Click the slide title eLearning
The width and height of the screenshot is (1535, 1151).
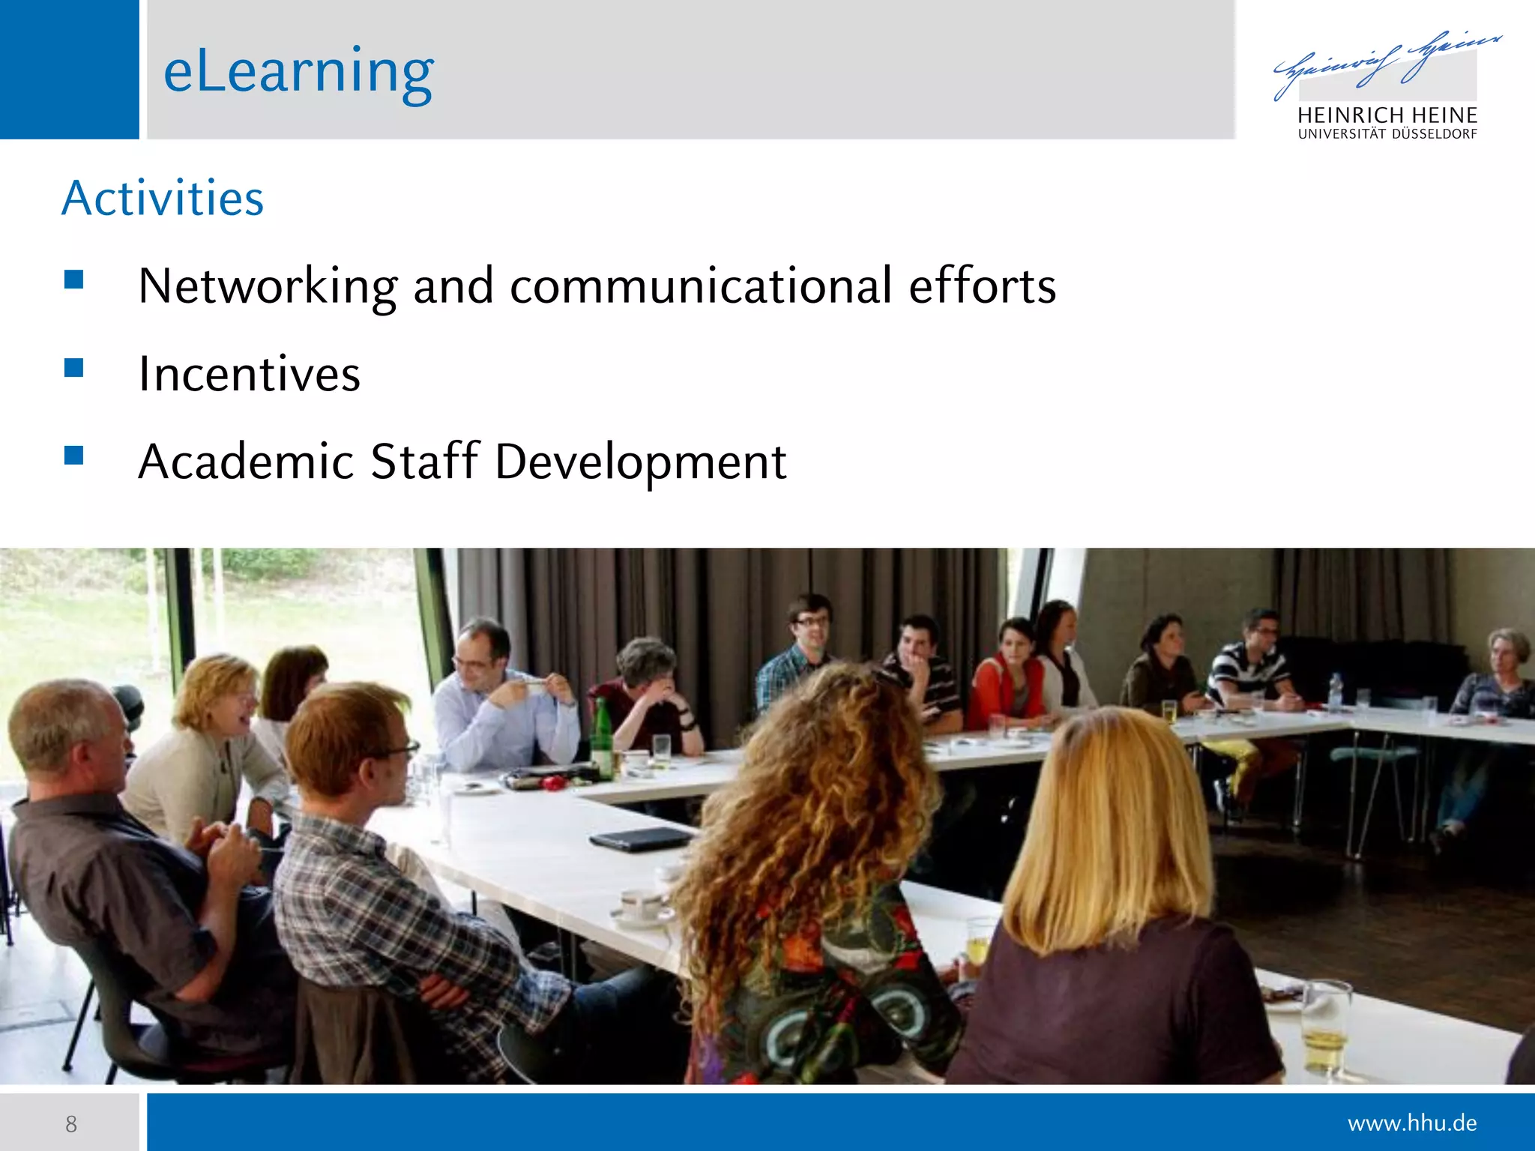pos(298,71)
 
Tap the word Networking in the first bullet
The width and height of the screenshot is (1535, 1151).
pos(268,286)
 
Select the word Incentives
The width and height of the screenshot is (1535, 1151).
pos(249,374)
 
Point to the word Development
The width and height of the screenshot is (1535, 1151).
pos(641,461)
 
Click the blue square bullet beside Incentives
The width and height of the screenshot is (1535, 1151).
pos(73,367)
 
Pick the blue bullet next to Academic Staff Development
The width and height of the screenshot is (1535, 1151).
pos(73,455)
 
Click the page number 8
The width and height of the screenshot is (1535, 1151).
pos(71,1124)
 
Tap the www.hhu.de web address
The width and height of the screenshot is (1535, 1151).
pos(1412,1123)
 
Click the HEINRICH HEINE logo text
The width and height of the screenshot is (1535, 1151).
pos(1387,115)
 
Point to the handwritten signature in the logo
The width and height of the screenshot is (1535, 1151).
pos(1387,64)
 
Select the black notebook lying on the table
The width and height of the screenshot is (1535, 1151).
pos(641,839)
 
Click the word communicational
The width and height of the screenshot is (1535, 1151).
pos(701,286)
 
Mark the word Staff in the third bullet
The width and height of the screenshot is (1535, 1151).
pos(424,461)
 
